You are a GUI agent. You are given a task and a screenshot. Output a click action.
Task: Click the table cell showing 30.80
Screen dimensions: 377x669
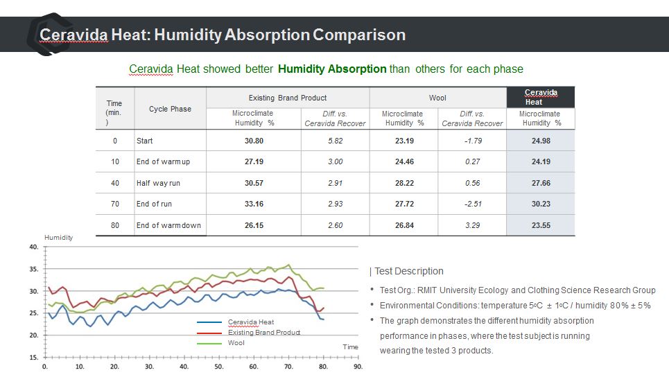coord(253,141)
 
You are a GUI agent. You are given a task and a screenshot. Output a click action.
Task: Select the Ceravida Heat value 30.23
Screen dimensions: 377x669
coord(541,204)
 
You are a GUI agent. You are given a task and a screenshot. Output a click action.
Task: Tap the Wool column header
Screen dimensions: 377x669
coord(437,98)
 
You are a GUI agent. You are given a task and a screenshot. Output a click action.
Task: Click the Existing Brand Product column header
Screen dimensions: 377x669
coord(288,98)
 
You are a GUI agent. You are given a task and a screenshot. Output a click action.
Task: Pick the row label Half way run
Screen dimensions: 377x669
coord(159,183)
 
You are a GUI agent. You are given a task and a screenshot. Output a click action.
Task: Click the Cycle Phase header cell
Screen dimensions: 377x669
coord(170,109)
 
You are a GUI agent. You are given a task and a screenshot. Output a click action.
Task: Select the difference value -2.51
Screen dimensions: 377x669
coord(471,204)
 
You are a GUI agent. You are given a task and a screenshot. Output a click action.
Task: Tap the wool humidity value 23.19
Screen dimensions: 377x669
coord(403,141)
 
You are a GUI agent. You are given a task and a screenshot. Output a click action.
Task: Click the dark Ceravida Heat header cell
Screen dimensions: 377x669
coord(541,97)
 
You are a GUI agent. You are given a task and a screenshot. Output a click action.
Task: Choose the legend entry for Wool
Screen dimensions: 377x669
coord(236,343)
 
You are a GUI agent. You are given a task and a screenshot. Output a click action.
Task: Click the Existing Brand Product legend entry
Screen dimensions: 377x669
coord(263,333)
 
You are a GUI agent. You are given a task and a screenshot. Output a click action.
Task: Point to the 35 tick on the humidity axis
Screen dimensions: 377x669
coord(33,269)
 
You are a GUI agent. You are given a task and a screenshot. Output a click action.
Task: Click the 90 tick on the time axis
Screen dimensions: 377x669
coord(358,366)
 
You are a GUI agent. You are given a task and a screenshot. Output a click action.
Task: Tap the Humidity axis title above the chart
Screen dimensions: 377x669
coord(58,238)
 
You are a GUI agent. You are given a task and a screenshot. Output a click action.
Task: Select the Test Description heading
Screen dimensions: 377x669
coord(408,271)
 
